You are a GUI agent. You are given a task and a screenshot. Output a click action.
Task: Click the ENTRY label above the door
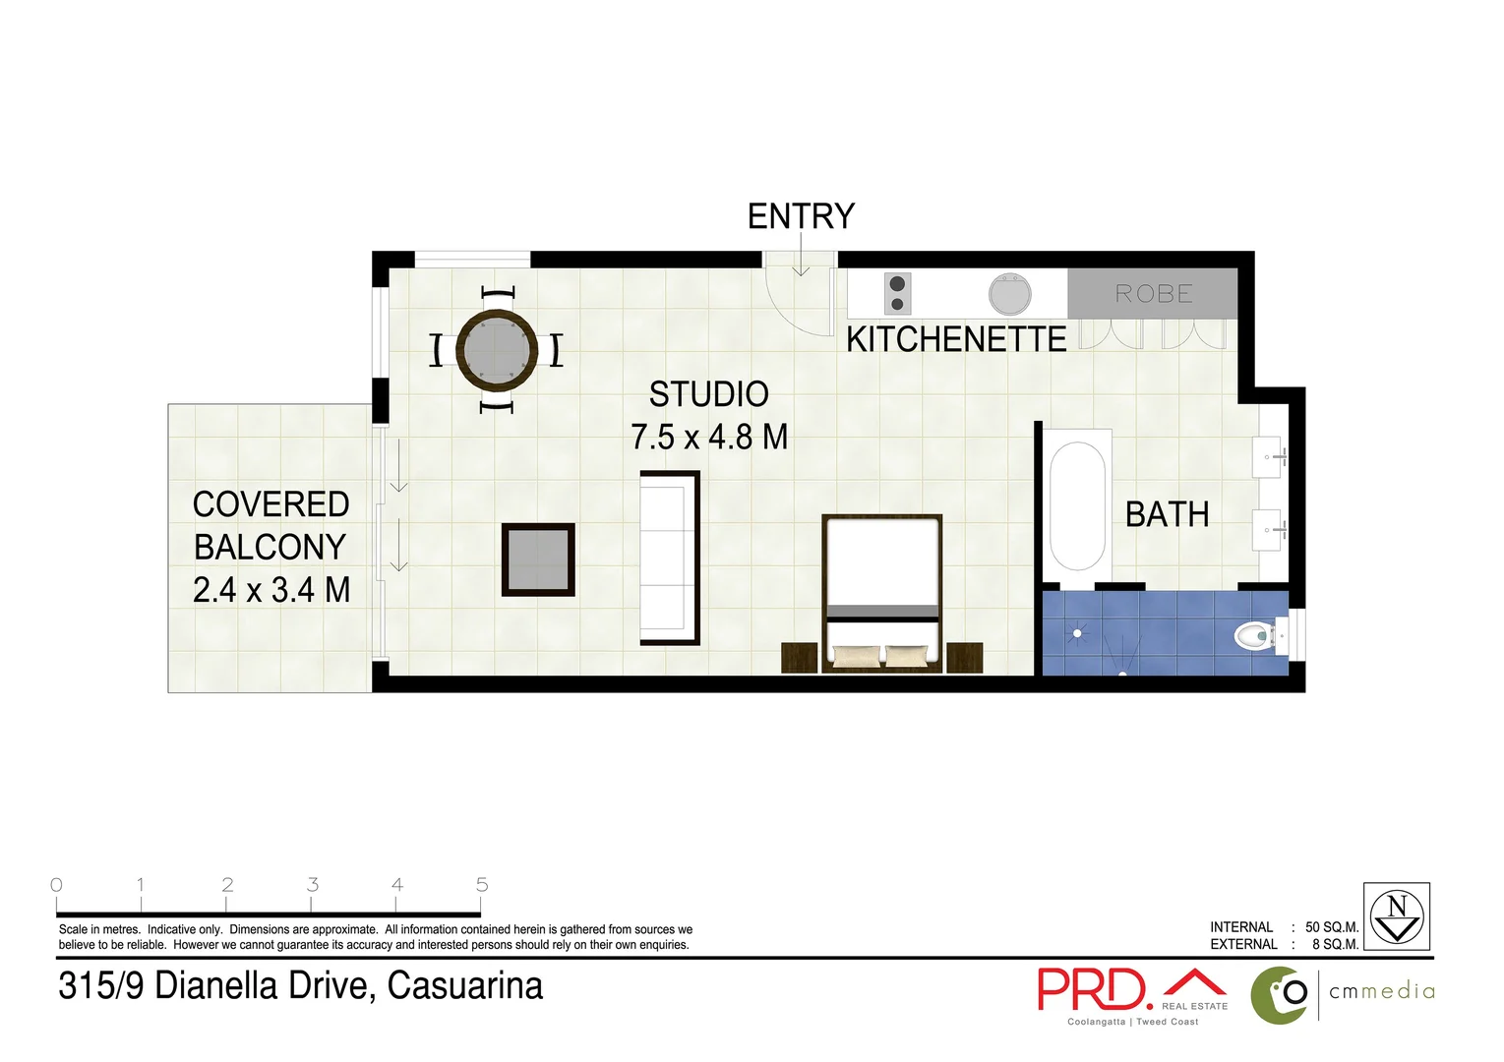click(801, 216)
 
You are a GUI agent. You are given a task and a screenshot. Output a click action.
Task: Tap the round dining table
click(497, 349)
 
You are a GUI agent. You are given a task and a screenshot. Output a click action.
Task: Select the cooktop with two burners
click(897, 293)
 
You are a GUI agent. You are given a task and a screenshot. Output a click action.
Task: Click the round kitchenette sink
click(1009, 293)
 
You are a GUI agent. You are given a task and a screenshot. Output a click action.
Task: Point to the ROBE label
click(1153, 294)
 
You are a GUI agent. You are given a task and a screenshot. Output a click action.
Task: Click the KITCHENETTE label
click(956, 340)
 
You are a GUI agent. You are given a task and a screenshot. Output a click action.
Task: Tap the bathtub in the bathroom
click(1077, 505)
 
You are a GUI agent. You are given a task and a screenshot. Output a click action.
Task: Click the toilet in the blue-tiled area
click(1255, 636)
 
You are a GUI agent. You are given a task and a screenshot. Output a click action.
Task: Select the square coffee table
click(538, 559)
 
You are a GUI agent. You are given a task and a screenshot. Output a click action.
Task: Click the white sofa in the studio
click(669, 558)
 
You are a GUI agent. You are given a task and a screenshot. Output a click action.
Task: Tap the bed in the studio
click(882, 593)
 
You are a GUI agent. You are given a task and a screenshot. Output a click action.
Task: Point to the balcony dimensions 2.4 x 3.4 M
click(271, 590)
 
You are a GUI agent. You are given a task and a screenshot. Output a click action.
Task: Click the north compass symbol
click(1396, 915)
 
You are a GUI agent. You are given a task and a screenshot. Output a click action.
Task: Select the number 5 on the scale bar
click(482, 885)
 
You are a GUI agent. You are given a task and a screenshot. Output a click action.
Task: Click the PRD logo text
click(1094, 989)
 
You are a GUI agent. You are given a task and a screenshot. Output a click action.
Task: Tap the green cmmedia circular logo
click(1279, 994)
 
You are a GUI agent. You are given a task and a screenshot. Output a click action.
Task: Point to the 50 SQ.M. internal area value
click(1331, 927)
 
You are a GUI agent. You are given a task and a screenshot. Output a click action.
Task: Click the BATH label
click(1167, 514)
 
